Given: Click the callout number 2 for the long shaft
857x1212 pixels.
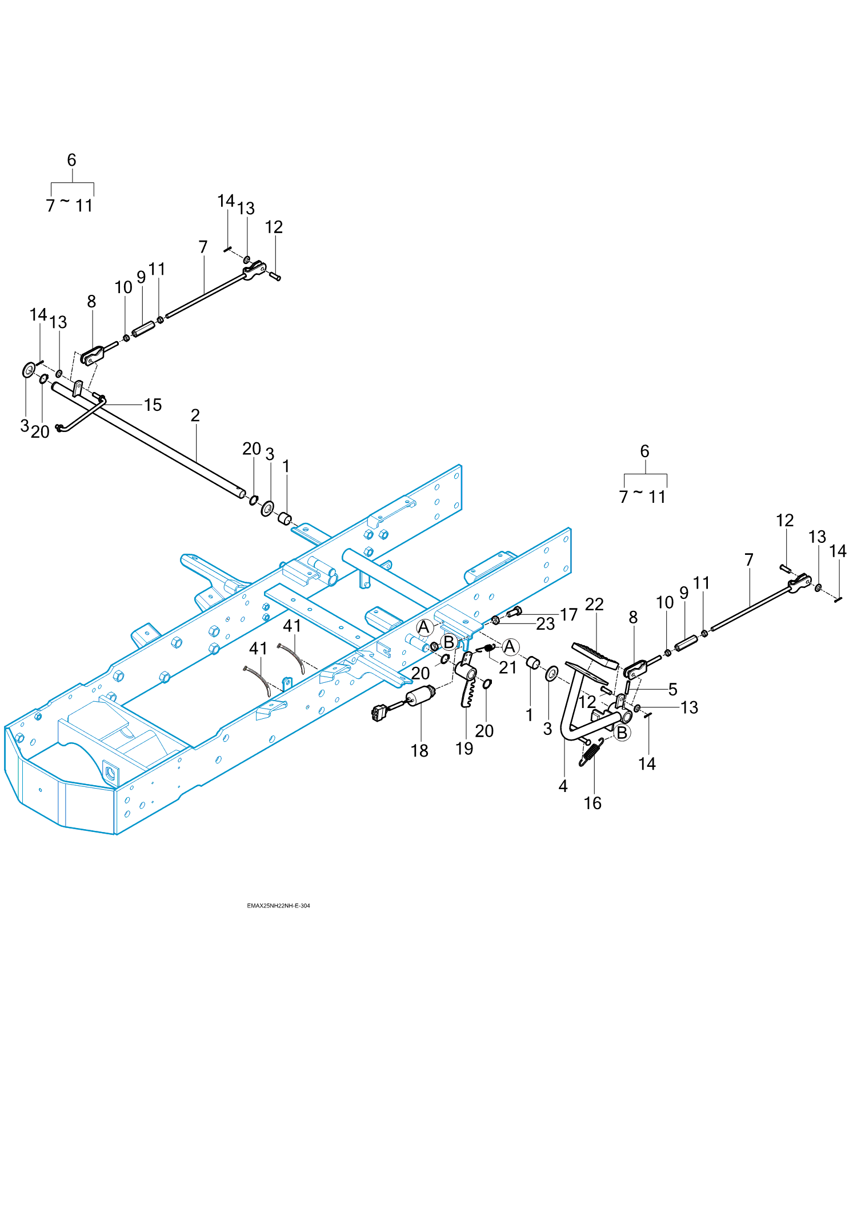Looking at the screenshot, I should (195, 415).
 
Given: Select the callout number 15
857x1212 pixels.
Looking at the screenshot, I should (153, 405).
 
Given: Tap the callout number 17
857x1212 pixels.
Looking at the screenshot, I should (568, 615).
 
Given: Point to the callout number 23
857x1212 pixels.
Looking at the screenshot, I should (546, 624).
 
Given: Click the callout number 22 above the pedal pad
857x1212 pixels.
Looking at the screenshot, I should (594, 605).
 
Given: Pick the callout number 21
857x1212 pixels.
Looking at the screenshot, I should (507, 667).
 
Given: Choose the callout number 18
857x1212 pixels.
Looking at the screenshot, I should (419, 751).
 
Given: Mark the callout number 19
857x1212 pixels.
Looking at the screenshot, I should (464, 749).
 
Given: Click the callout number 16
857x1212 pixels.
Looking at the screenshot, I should (592, 803).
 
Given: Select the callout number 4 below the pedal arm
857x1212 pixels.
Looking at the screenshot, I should (563, 786).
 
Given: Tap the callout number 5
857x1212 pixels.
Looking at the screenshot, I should (673, 690).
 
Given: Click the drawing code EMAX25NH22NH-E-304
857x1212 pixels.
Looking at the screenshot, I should (278, 906).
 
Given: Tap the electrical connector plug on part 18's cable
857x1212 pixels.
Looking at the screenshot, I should (378, 713).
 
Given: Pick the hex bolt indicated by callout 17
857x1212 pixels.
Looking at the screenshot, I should (513, 613).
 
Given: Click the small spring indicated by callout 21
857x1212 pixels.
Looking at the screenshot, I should (487, 647).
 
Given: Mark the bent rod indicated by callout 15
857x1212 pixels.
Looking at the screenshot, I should (80, 416).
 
